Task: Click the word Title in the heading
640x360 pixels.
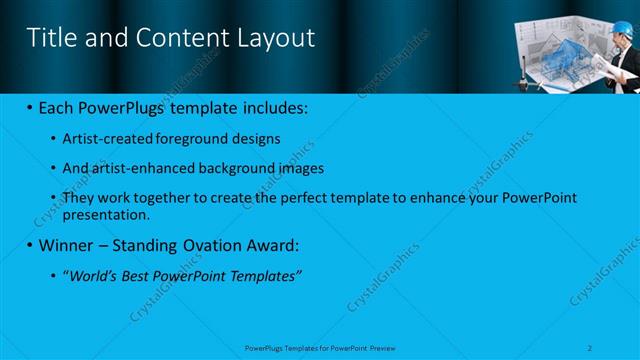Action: (46, 38)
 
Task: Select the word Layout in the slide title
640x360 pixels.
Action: (278, 38)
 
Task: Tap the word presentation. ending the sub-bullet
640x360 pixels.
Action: (106, 214)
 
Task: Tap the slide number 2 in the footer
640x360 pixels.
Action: (591, 346)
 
